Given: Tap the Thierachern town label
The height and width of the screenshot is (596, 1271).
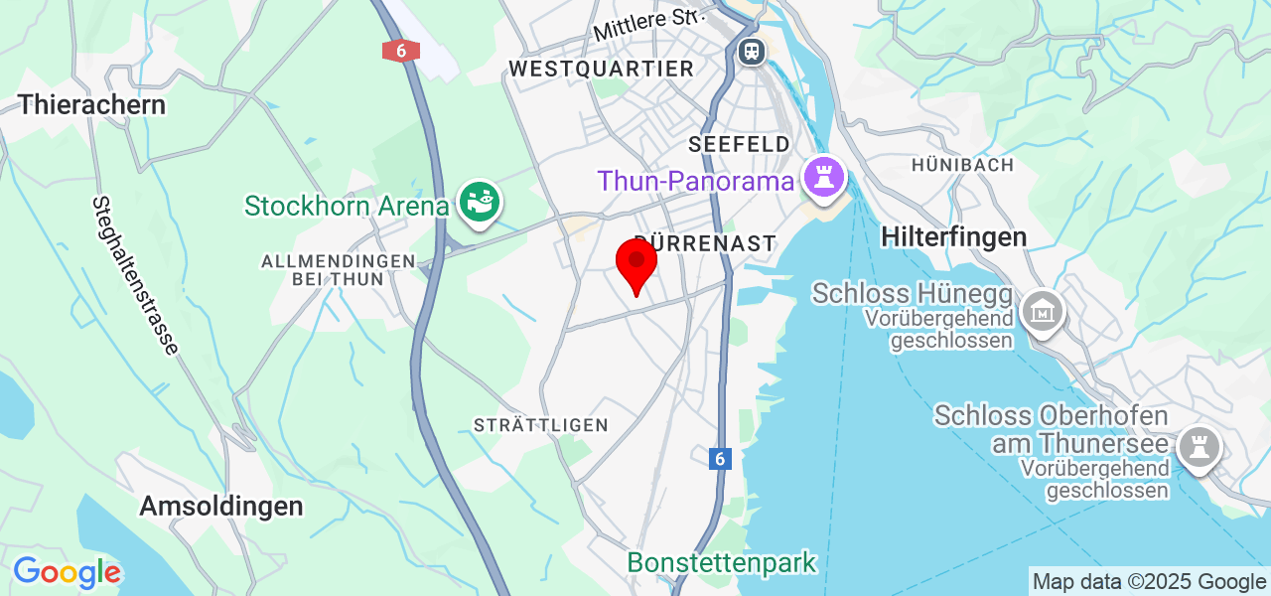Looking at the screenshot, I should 91,104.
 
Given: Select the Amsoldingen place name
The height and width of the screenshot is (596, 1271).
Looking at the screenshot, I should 220,506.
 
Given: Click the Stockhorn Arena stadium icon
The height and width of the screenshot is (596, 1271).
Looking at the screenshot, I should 480,204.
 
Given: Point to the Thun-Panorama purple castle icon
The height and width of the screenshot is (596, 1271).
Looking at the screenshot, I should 823,180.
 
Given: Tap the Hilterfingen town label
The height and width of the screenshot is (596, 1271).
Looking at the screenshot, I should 953,236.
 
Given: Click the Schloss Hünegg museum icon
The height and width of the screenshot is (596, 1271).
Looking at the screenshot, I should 1044,313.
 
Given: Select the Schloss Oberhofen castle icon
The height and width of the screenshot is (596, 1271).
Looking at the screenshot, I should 1199,448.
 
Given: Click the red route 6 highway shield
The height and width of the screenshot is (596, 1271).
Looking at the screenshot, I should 400,51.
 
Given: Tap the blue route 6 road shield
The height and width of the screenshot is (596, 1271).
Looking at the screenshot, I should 721,459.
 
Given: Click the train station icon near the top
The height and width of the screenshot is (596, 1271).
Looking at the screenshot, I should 752,50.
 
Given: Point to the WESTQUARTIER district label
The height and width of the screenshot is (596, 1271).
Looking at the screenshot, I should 601,69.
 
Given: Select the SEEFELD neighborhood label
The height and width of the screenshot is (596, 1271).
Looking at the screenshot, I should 739,145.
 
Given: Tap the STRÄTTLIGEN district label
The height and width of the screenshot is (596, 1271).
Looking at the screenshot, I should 540,425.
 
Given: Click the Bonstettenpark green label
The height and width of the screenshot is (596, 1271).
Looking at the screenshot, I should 721,562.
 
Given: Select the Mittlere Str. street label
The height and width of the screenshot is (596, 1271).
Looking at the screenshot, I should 647,25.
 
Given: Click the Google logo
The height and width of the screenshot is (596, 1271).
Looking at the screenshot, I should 67,573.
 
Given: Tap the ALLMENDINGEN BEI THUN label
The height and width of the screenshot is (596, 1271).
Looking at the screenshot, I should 337,269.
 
